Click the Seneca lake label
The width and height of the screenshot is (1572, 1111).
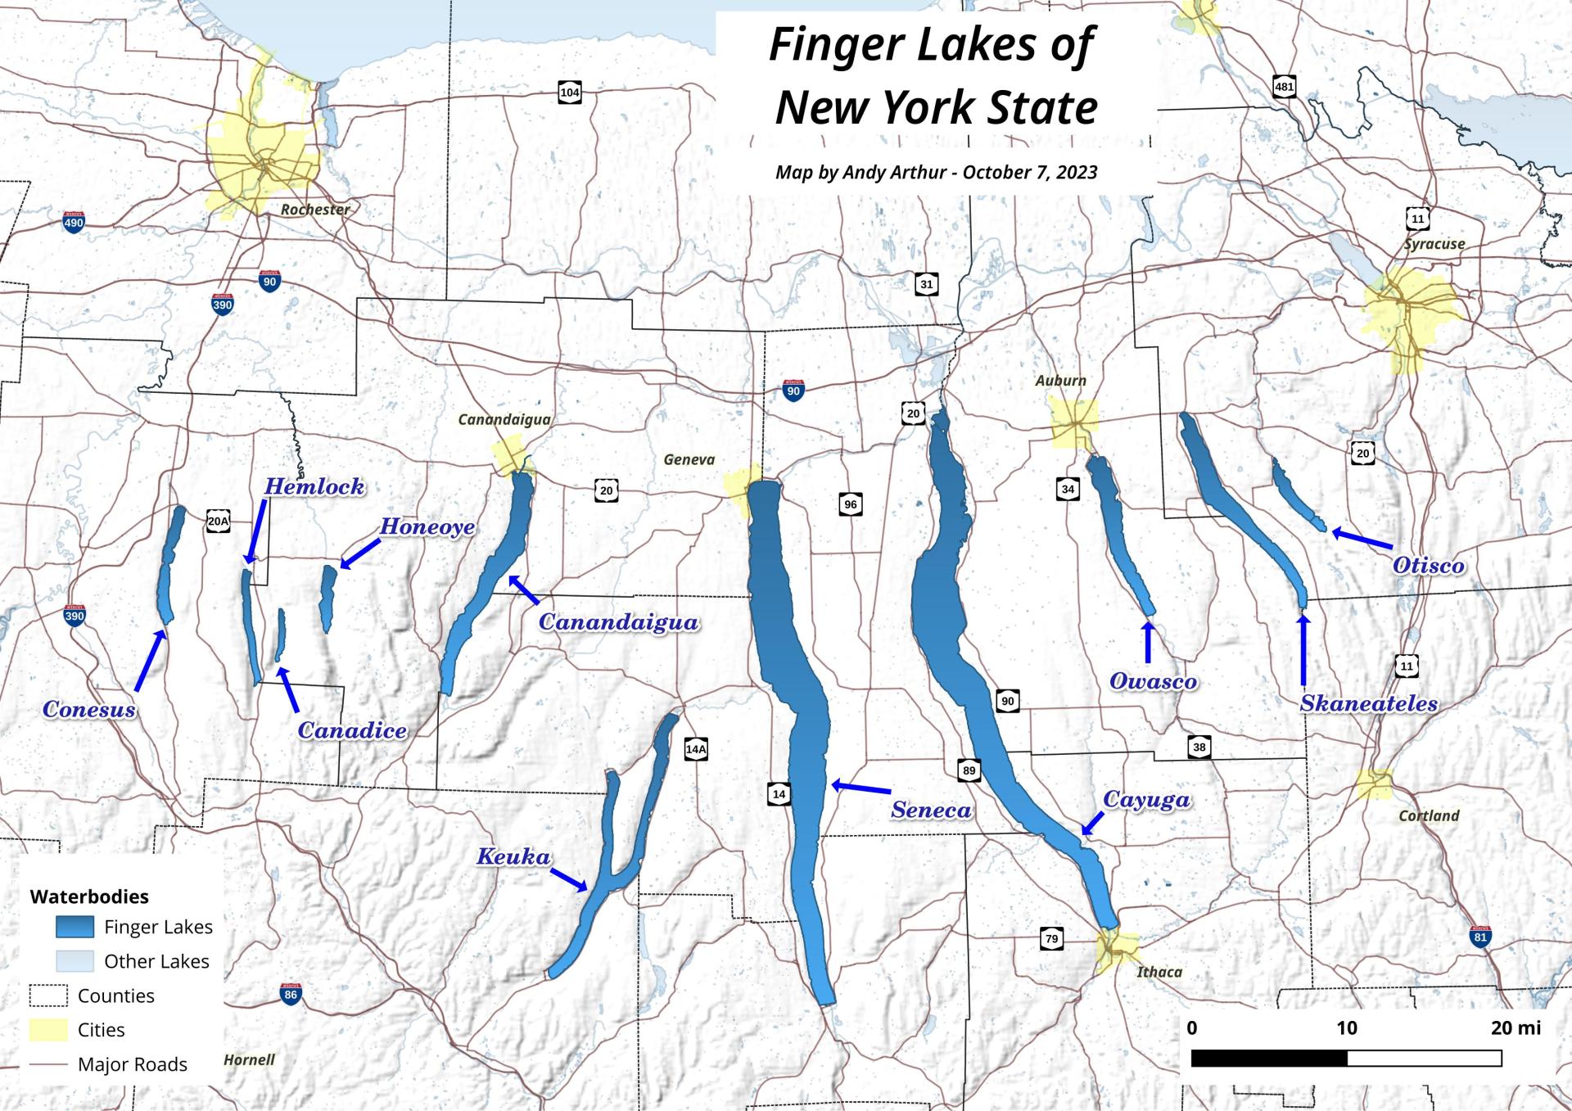(931, 810)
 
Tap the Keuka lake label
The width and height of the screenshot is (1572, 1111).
(513, 857)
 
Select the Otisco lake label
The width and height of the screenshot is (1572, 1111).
(1428, 565)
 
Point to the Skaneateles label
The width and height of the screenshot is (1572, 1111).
(1368, 703)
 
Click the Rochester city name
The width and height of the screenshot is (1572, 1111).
(315, 210)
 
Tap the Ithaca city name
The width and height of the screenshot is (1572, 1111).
(1159, 972)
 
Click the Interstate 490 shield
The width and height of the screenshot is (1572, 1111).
(74, 222)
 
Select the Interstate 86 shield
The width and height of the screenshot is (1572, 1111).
(291, 995)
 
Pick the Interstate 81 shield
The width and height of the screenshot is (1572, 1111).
(1479, 937)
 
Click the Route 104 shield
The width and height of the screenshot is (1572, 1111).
(570, 93)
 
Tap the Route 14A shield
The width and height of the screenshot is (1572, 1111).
(696, 748)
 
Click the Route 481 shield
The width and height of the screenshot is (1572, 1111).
(1284, 87)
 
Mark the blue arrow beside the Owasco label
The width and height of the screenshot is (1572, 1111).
(1147, 643)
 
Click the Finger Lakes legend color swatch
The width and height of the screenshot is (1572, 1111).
(75, 927)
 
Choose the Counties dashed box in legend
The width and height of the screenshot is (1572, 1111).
(48, 996)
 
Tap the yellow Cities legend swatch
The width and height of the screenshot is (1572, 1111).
(48, 1030)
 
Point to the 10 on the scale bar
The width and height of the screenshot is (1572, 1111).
(1346, 1027)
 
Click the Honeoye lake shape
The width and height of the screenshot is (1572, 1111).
(328, 597)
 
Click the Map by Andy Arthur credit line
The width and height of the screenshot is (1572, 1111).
(936, 172)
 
